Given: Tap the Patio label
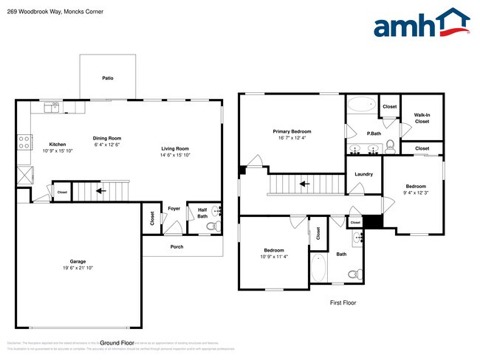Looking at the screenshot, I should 108,77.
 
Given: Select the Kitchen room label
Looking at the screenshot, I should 58,144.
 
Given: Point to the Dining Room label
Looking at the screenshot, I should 106,138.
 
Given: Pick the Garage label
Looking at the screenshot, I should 78,261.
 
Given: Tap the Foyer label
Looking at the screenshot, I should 174,209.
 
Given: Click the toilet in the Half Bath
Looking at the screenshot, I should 211,226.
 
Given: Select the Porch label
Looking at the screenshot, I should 176,246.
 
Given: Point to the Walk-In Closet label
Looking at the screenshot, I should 422,118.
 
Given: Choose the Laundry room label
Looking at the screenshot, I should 363,174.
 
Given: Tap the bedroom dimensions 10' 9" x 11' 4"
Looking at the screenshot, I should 275,257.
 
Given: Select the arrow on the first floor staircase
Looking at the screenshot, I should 303,184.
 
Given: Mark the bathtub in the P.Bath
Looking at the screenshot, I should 362,105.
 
